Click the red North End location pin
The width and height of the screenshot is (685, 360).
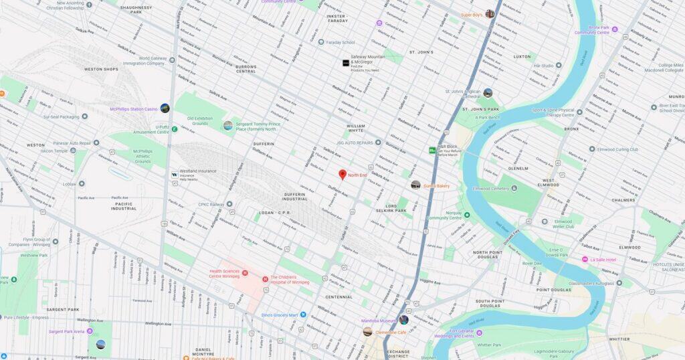coord(342,175)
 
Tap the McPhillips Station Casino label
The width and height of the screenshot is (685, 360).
coord(134,109)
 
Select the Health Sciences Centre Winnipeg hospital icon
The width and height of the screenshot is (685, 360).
coord(245,273)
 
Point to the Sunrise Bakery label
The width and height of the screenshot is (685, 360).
coord(436,185)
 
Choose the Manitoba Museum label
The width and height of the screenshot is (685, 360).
coord(379,321)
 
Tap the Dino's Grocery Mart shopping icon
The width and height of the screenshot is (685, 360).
coord(303,314)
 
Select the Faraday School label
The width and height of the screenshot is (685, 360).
coord(340,42)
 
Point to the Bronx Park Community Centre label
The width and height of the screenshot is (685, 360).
coord(591,29)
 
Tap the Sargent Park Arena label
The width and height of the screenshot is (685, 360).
coord(70,331)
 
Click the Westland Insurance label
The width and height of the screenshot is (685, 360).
coord(197,171)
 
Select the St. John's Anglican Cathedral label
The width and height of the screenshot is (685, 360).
coord(463,93)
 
